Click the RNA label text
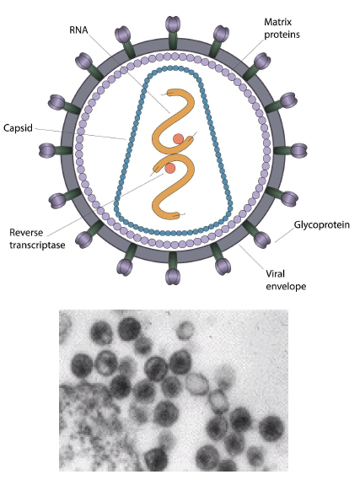click(78, 30)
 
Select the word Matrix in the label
click(278, 22)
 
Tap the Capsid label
click(18, 128)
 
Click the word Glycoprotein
click(322, 224)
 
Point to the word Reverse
click(26, 233)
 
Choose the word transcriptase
click(37, 245)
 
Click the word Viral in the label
click(275, 273)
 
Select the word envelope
click(286, 287)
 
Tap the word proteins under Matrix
click(282, 34)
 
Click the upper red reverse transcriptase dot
click(178, 138)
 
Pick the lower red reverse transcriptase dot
click(170, 168)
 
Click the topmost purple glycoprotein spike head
click(173, 24)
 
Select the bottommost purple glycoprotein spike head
click(173, 276)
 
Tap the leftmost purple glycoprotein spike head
click(47, 150)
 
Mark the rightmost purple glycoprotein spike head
click(298, 150)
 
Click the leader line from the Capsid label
click(80, 133)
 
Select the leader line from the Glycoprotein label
click(284, 235)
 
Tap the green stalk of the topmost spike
click(173, 40)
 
